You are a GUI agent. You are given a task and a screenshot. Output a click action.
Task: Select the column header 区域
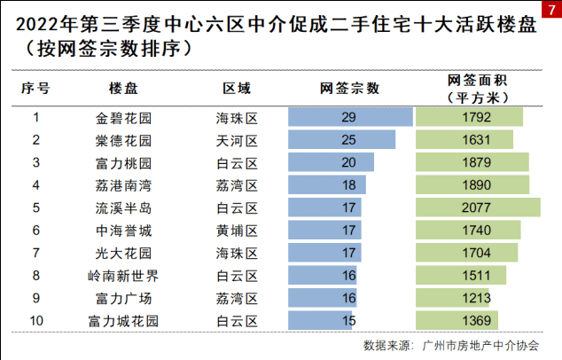[236, 89]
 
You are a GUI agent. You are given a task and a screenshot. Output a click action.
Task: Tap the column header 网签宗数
[349, 89]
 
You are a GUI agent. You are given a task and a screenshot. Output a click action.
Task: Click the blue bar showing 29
[350, 117]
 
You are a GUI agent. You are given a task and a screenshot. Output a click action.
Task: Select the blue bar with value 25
[341, 140]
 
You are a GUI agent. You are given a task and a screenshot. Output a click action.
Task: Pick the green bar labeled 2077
[478, 207]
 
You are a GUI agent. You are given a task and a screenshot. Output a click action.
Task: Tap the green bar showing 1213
[453, 297]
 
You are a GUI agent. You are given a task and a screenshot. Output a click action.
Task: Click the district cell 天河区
[236, 140]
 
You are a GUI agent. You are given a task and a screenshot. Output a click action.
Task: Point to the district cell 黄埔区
[236, 230]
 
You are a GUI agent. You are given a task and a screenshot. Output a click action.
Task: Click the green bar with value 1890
[472, 184]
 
